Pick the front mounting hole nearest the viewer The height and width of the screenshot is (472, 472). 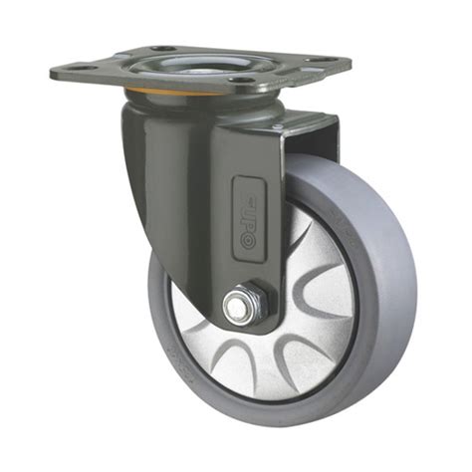(241, 80)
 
